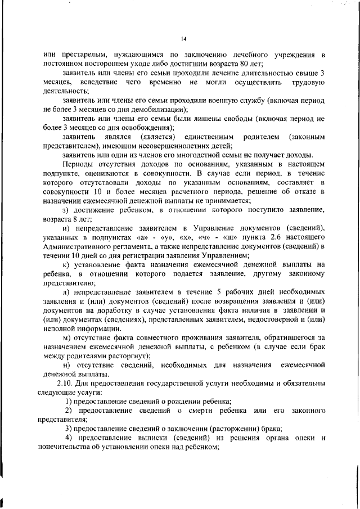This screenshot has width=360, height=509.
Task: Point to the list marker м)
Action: pyautogui.click(x=66, y=337)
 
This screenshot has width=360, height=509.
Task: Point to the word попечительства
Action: pyautogui.click(x=61, y=447)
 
